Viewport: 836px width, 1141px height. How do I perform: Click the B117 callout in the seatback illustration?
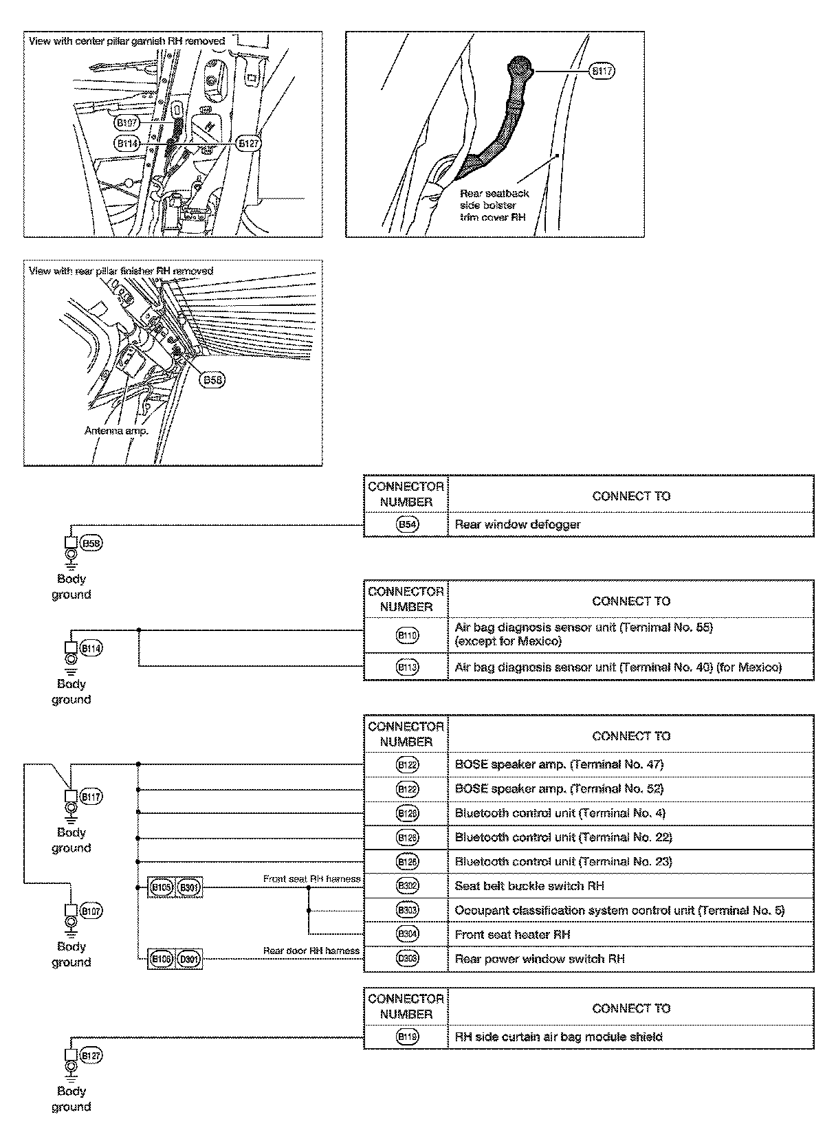[x=602, y=71]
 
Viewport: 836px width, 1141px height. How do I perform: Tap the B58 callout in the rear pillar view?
[x=212, y=379]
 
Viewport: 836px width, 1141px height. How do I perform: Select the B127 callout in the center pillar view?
[x=248, y=143]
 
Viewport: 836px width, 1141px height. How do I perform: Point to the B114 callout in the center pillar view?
[x=127, y=143]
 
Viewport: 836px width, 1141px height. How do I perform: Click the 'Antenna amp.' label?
[x=116, y=431]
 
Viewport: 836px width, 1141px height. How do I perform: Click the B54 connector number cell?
[x=407, y=524]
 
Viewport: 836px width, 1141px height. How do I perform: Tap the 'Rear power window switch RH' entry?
[x=539, y=959]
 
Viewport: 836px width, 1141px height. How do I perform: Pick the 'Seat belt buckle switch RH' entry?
[x=529, y=886]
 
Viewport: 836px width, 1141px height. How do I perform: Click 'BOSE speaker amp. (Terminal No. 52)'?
[x=559, y=788]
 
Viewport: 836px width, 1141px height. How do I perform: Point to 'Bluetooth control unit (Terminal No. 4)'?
[x=560, y=813]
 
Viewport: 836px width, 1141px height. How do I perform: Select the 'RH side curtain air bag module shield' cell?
[x=558, y=1037]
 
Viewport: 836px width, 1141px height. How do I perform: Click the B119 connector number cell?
[x=407, y=1037]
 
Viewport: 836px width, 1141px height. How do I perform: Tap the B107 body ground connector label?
[x=91, y=911]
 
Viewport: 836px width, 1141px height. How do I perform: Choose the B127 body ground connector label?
[x=91, y=1056]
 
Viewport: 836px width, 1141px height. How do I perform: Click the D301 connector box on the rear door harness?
[x=188, y=959]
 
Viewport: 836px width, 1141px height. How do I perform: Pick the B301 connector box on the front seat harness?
[x=188, y=887]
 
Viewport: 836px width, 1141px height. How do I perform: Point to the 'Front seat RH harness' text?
[x=311, y=878]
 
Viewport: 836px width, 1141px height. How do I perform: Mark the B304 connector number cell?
[x=407, y=934]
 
